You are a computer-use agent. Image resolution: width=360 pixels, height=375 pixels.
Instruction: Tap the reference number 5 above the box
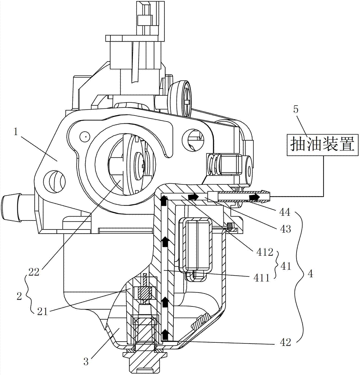(296, 110)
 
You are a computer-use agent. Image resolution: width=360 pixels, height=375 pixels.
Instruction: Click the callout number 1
(16, 132)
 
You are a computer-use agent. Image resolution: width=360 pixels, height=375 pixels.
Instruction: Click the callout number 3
(86, 361)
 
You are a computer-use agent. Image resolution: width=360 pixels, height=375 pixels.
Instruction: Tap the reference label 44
(284, 212)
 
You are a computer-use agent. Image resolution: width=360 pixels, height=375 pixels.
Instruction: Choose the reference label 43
(285, 229)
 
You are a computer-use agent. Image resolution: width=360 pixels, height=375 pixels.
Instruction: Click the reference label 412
(264, 252)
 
